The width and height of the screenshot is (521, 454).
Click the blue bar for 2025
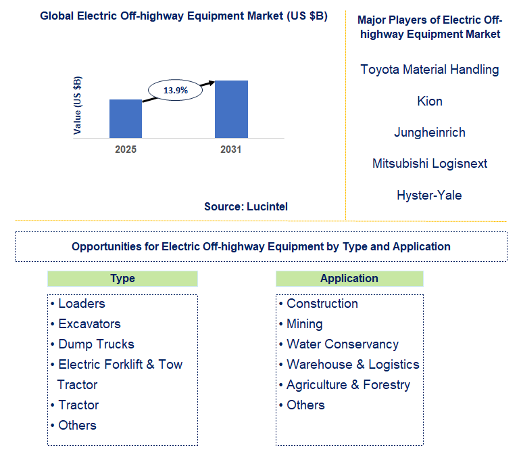[126, 118]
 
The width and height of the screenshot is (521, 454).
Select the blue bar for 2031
[231, 109]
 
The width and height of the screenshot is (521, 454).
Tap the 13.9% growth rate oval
[176, 90]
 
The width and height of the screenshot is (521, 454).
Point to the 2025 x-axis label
[126, 150]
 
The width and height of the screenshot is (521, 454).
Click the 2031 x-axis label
[231, 150]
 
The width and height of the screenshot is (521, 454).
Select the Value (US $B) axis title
[78, 106]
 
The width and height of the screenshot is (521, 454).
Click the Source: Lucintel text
[246, 207]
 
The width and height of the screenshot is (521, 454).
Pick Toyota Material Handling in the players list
[430, 70]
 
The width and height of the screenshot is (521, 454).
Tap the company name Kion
[430, 101]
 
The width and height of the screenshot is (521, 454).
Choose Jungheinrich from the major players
[430, 133]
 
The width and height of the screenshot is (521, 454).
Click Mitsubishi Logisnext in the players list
[430, 164]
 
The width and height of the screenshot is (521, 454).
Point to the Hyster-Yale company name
[430, 196]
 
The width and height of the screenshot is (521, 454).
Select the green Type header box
[122, 279]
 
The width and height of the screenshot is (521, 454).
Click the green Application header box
[349, 279]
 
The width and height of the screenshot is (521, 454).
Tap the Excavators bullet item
[89, 324]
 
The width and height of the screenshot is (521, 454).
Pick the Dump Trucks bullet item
[96, 344]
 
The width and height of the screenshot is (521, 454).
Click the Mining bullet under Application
[304, 324]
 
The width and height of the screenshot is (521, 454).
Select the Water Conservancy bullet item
[342, 344]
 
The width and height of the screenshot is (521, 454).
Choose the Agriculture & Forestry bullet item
[348, 385]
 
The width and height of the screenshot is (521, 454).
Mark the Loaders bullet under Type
[82, 304]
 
